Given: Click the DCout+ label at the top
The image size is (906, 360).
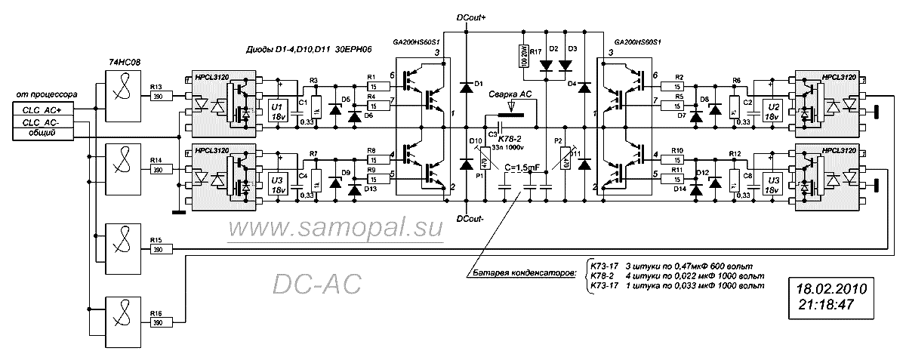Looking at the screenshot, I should tap(472, 16).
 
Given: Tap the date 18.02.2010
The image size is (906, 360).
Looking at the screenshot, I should tap(830, 289).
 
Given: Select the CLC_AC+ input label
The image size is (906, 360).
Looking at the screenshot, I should tap(43, 110).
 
